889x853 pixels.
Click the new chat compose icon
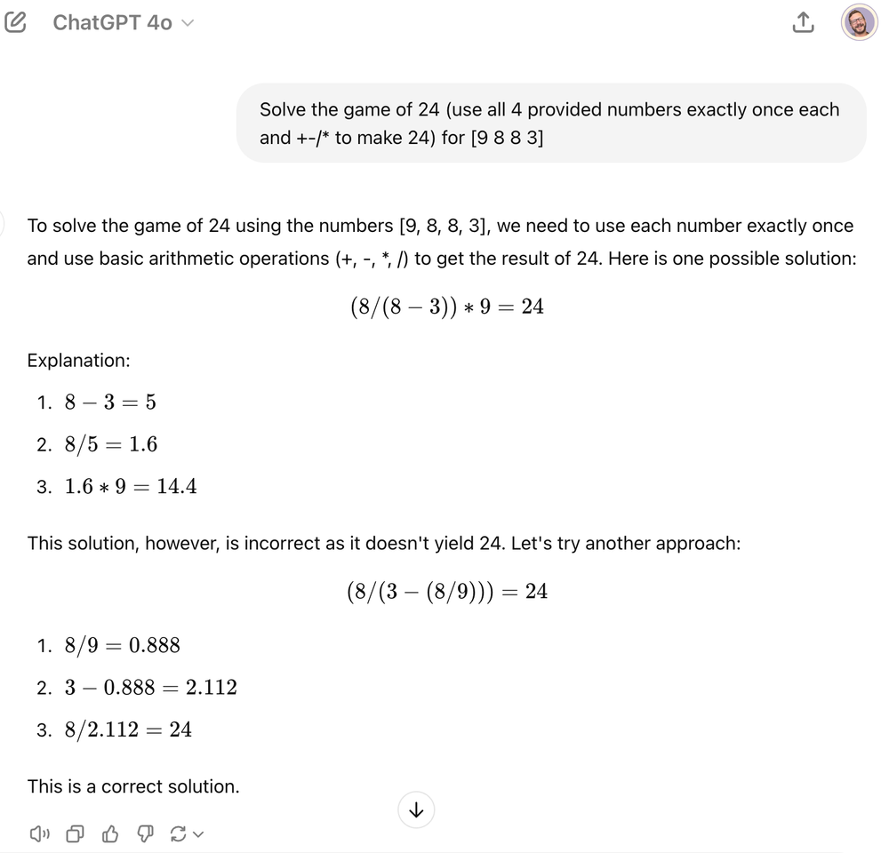16,22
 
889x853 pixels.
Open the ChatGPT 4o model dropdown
122,22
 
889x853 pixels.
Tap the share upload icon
802,23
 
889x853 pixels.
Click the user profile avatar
859,23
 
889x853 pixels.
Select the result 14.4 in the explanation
176,486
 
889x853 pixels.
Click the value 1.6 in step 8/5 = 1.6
143,443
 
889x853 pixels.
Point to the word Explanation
78,360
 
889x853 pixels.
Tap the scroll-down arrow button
416,809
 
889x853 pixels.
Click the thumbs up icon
110,833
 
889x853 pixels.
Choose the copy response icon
76,833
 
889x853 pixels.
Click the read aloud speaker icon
40,833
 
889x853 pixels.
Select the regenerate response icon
178,833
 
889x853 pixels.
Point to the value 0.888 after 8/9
154,645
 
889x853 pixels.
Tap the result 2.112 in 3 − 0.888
211,687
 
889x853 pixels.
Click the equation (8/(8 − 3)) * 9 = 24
446,307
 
